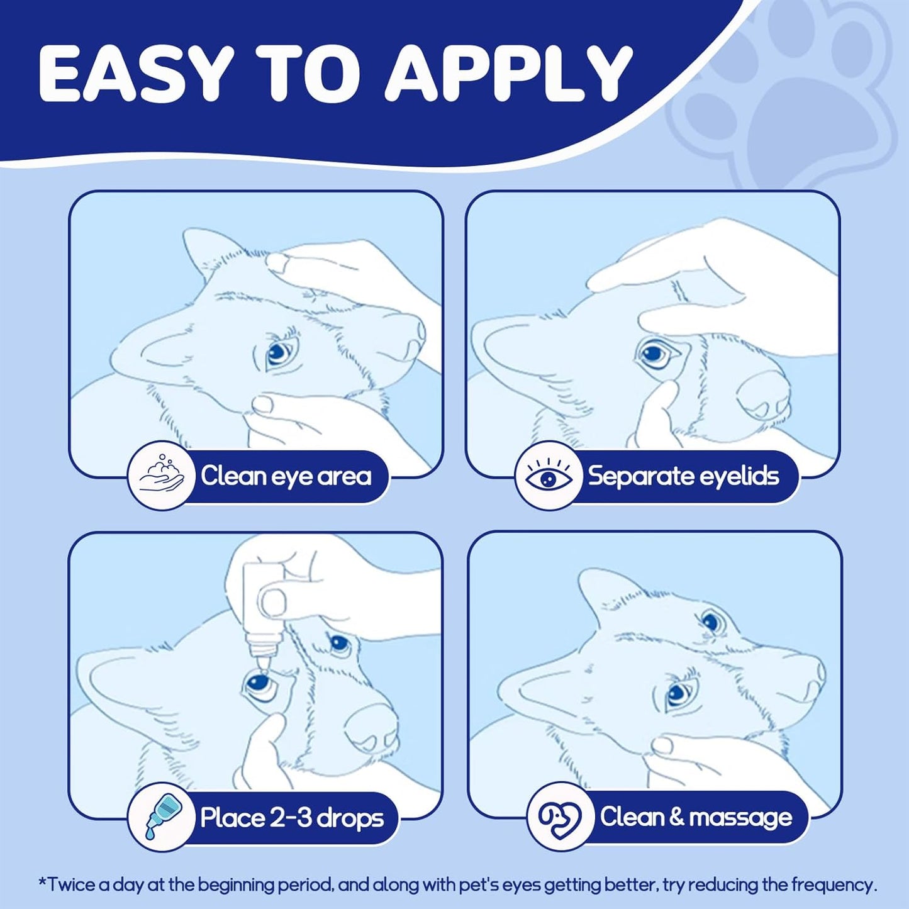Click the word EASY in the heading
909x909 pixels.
point(131,76)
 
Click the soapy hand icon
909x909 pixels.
point(161,476)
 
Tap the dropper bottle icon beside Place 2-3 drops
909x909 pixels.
point(162,817)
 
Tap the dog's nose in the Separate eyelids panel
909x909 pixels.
point(765,394)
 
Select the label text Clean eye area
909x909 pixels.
point(286,476)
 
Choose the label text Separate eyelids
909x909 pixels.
point(684,476)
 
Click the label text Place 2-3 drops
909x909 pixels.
point(292,818)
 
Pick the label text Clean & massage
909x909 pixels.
point(696,817)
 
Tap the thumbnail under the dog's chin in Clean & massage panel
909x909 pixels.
point(663,746)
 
